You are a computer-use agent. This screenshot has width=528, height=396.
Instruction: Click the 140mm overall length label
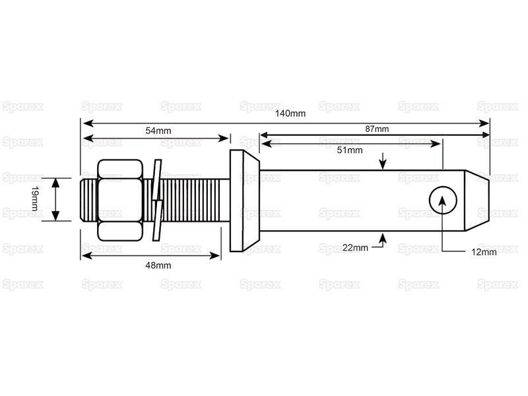pos(290,114)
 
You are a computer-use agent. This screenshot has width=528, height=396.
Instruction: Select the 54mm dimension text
pos(158,131)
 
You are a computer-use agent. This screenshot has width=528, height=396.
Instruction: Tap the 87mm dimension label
pos(377,129)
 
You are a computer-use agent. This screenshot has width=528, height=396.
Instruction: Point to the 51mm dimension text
pos(350,150)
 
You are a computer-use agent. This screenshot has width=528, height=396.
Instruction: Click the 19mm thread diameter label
pos(35,199)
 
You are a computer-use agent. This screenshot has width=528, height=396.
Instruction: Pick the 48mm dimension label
pos(158,265)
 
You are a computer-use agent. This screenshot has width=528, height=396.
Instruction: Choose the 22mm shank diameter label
pos(355,247)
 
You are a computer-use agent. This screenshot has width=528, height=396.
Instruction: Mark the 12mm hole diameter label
pos(484,252)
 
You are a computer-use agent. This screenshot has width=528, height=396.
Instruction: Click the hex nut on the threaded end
pos(120,200)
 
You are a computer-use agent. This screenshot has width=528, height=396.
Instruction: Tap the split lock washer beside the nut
pos(157,200)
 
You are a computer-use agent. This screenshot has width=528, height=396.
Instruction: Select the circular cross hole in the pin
pos(443,200)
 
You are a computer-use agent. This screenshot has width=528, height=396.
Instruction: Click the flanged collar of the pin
pos(244,201)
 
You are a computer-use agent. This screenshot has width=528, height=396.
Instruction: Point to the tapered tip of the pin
pos(477,201)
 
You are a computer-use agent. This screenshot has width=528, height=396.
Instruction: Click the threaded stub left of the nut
pos(89,200)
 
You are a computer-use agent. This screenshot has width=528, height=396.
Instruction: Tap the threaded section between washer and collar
pos(196,200)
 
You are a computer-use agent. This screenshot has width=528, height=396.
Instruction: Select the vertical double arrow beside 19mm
pos(56,199)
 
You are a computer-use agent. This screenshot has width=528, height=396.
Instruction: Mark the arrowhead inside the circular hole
pos(442,201)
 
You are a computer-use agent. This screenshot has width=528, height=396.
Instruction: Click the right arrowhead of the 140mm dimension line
pos(484,123)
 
